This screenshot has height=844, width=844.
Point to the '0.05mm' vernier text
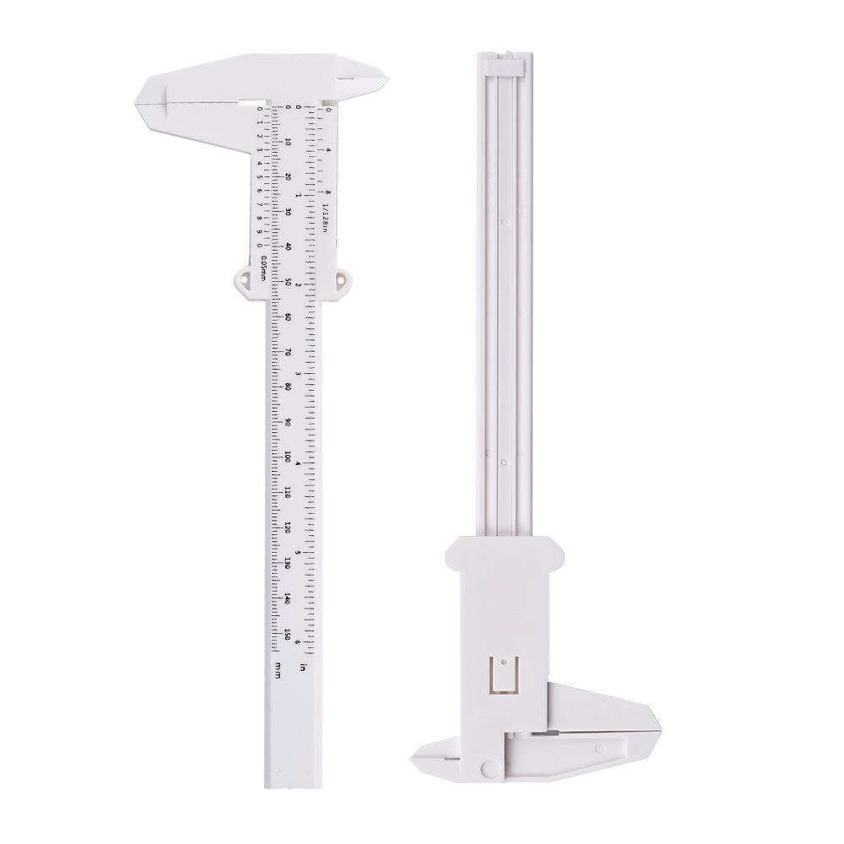coord(263,268)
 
